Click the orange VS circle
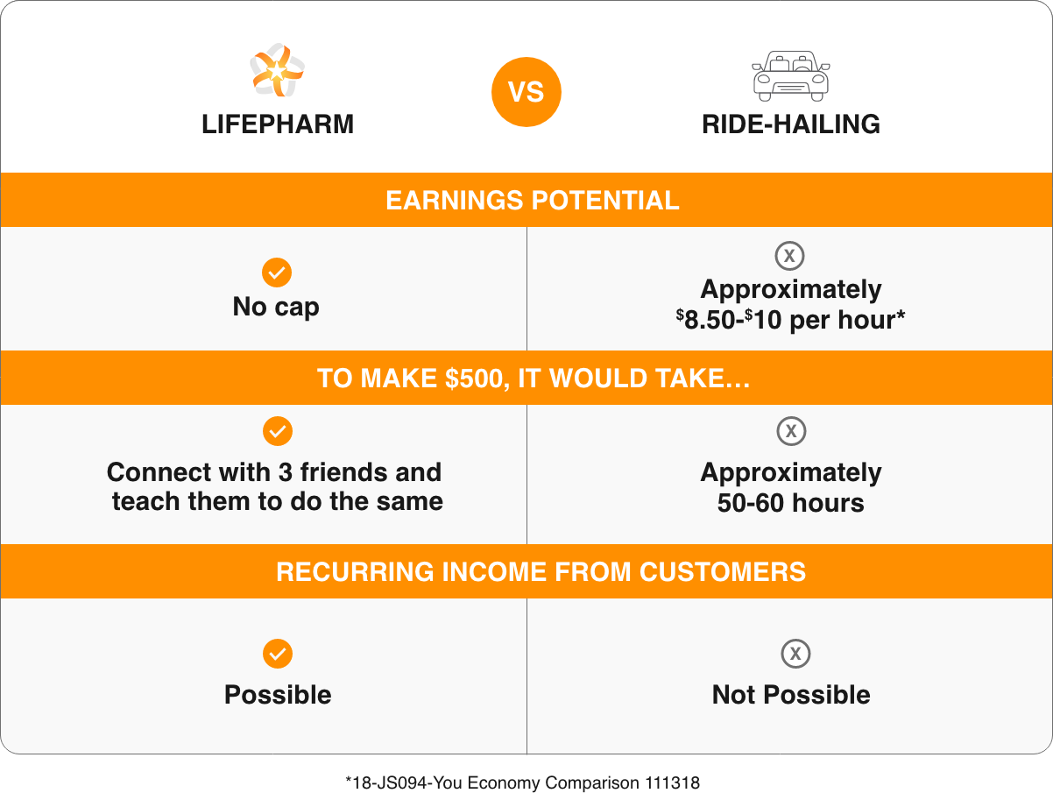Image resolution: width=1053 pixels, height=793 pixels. click(x=526, y=92)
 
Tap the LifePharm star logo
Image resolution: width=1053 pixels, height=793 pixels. click(x=277, y=70)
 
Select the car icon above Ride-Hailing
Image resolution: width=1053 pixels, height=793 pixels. click(x=790, y=76)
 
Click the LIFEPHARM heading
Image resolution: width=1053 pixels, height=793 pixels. click(x=278, y=124)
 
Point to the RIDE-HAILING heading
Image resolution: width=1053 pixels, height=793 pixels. click(x=790, y=124)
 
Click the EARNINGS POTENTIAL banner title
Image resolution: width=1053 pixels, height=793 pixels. click(x=533, y=200)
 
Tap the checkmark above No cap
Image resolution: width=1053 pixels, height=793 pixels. click(x=277, y=273)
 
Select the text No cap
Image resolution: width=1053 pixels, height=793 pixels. click(x=276, y=307)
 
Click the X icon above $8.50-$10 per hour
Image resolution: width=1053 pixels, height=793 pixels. click(x=789, y=256)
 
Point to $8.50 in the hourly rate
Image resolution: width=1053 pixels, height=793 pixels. click(x=705, y=320)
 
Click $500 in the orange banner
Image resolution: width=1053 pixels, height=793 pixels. click(x=474, y=379)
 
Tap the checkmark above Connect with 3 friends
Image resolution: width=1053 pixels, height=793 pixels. click(x=278, y=431)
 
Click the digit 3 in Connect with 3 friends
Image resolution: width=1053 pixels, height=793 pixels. click(x=286, y=472)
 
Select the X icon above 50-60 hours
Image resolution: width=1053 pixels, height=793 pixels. click(x=791, y=431)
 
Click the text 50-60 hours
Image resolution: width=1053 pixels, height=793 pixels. click(x=790, y=503)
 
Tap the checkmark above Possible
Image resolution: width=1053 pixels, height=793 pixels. click(x=278, y=654)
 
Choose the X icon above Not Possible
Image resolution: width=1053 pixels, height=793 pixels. click(x=795, y=654)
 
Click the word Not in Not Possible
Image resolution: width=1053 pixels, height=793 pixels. click(x=733, y=695)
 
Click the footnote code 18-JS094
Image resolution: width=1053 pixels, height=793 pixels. click(x=389, y=783)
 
